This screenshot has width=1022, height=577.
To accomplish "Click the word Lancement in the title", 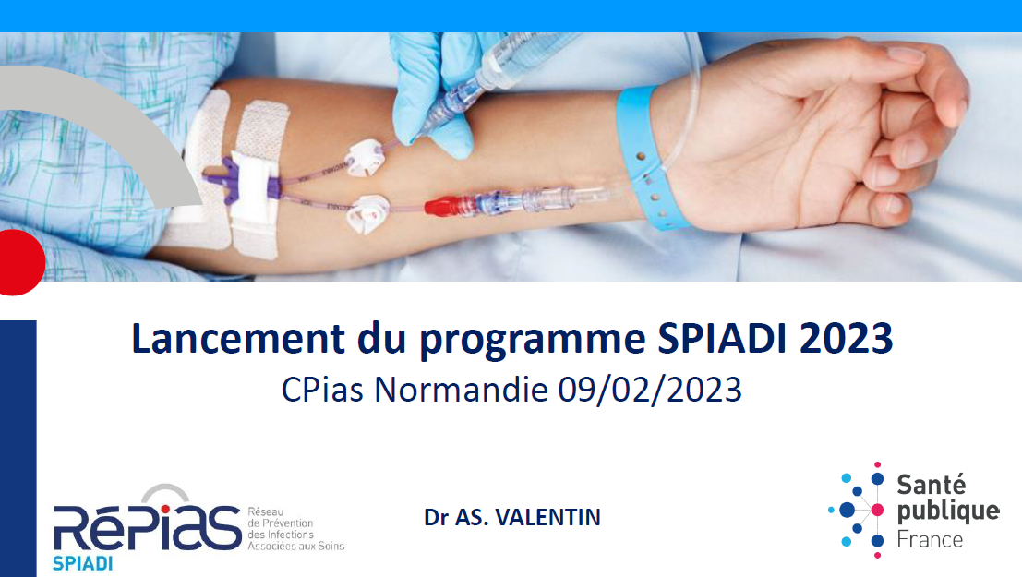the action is (238, 339).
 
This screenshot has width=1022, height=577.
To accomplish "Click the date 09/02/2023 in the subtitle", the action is (650, 390).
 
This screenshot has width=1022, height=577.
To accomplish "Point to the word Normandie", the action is (461, 390).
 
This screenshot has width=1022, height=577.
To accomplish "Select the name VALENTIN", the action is (547, 517).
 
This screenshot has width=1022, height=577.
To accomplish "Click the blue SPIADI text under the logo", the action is (83, 563).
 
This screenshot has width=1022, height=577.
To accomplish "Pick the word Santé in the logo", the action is (931, 485).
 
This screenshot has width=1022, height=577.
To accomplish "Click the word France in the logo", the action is (930, 540).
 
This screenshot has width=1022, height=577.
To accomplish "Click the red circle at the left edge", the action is (20, 262).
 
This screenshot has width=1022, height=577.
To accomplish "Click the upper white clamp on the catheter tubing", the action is (363, 158).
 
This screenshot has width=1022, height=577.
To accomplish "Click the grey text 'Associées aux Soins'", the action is (296, 547).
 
